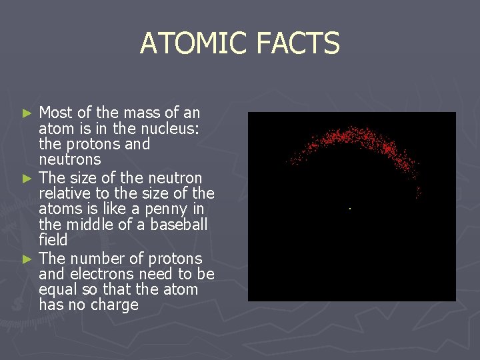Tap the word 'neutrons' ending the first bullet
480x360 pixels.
[70, 160]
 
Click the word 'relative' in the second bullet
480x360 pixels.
[64, 193]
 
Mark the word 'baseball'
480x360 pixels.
[181, 225]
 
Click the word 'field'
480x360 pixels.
[53, 240]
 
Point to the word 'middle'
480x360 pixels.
[88, 225]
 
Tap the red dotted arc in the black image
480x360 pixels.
[347, 137]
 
